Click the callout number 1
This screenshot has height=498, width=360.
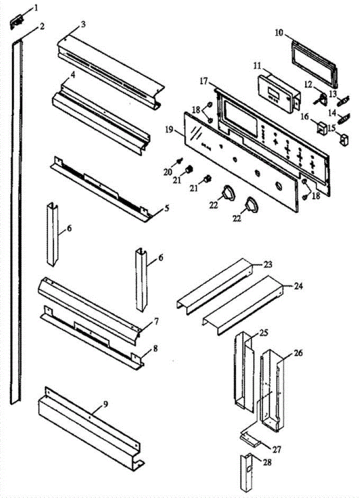36,7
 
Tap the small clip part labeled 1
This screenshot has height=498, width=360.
17,21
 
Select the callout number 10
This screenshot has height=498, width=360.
278,33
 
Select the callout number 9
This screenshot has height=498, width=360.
106,404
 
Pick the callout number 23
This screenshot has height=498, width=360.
269,264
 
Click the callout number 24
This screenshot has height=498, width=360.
299,286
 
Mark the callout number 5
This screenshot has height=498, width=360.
167,208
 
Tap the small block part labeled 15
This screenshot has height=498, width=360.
343,139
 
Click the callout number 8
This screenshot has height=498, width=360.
156,349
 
